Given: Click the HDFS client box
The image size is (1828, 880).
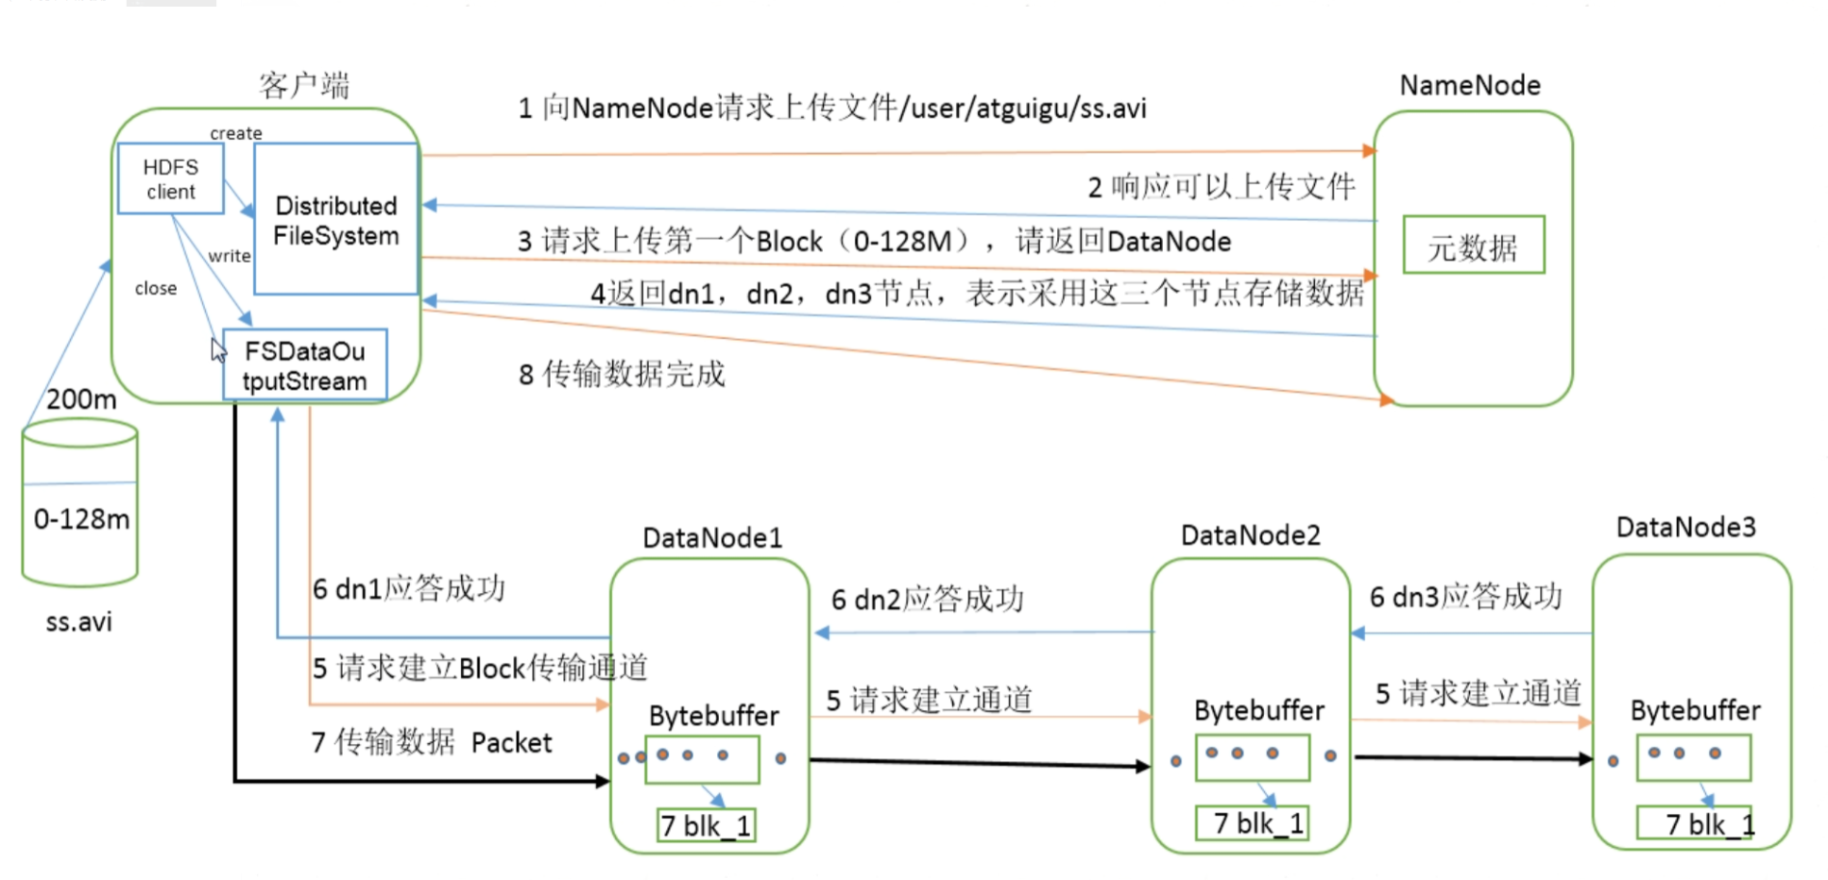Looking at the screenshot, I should coord(170,179).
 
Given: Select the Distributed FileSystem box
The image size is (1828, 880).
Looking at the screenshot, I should coord(336,219).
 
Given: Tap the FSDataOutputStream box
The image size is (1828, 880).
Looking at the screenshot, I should coord(304,365).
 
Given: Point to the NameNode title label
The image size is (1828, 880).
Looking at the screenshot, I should coord(1470,86).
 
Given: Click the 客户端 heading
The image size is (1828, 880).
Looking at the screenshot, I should coord(304,86).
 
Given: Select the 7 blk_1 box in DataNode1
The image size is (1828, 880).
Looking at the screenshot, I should coord(706,826).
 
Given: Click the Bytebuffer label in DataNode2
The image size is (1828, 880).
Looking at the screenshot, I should coord(1258,710).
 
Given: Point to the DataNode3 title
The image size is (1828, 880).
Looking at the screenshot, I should coord(1685,527).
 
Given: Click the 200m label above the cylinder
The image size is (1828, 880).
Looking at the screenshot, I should coord(81,399).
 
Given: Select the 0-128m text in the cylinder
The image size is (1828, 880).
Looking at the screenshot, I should coord(81,519).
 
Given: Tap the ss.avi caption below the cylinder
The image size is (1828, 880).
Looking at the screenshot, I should coord(79,622).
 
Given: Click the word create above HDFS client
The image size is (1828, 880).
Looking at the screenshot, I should coord(236,133).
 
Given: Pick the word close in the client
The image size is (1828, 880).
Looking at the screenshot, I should coord(156,289).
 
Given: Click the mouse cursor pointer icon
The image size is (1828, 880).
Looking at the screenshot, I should coord(218,350).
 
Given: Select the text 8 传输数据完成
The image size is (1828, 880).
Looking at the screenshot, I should coord(622,375).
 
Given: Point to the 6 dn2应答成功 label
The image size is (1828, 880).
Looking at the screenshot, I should coord(927,599).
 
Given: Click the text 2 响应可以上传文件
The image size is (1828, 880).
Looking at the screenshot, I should coord(1221,187).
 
